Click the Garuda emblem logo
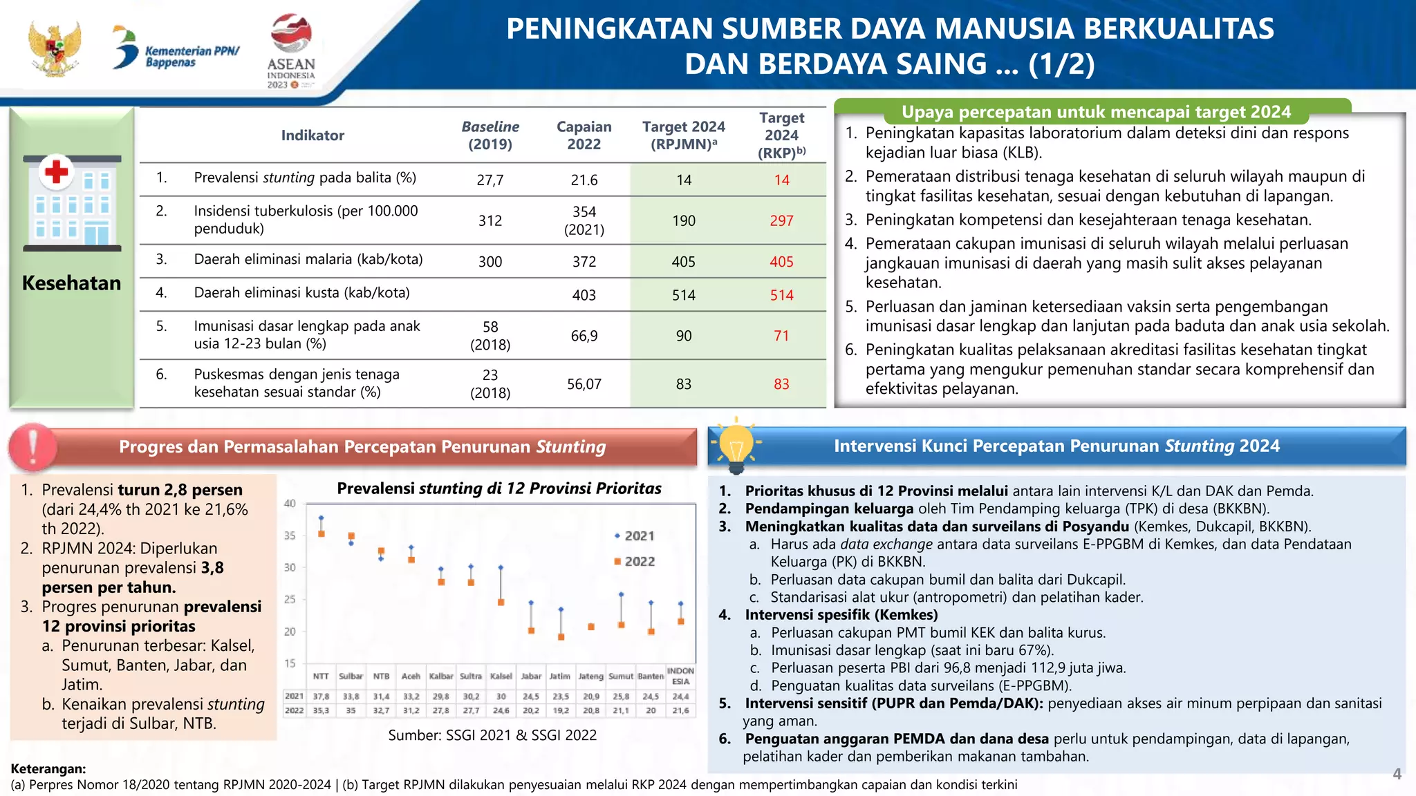coord(55,48)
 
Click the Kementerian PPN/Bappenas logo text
coord(192,57)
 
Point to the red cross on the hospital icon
coord(57,171)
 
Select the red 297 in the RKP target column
coord(781,220)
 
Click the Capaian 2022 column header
coord(584,135)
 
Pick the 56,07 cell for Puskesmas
coord(584,384)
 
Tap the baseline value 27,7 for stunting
coord(490,180)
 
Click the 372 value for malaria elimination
coord(584,262)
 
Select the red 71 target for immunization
coord(781,336)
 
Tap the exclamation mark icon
coord(32,446)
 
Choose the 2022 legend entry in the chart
coord(634,562)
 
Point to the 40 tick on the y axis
coord(290,504)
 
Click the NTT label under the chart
coord(321,676)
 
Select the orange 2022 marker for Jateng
coord(591,627)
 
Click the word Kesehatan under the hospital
coord(71,283)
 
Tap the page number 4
coord(1397,774)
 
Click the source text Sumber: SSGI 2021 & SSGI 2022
coord(492,735)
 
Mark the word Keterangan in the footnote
coord(48,769)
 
